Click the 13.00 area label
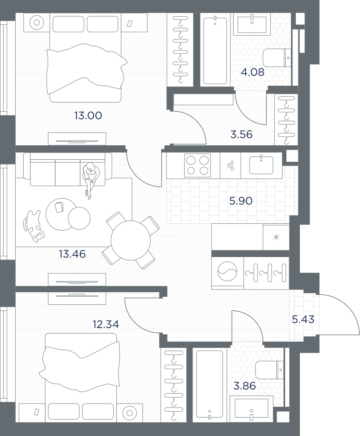click(88, 115)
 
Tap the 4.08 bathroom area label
click(252, 72)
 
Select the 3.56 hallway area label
click(241, 135)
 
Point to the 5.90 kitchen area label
click(241, 201)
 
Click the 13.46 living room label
click(72, 254)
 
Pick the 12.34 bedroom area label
click(106, 324)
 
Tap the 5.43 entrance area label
click(303, 319)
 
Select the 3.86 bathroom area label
click(245, 386)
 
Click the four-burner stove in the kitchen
click(198, 165)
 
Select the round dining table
click(130, 240)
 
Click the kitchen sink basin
click(261, 165)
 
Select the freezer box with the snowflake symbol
click(276, 237)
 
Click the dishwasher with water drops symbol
click(230, 165)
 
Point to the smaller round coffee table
click(79, 218)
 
